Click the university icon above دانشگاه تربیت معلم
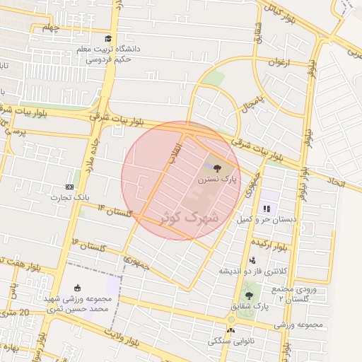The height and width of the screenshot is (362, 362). [107, 39]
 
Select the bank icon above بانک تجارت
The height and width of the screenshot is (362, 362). [69, 186]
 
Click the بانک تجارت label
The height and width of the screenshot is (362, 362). [67, 197]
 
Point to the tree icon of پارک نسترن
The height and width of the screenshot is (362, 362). [216, 168]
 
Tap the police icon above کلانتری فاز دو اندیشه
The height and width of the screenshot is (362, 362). [252, 260]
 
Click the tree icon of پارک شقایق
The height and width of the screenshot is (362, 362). [247, 295]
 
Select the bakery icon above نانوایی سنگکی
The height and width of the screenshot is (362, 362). [230, 330]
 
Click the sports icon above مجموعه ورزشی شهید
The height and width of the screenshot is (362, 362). [77, 287]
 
